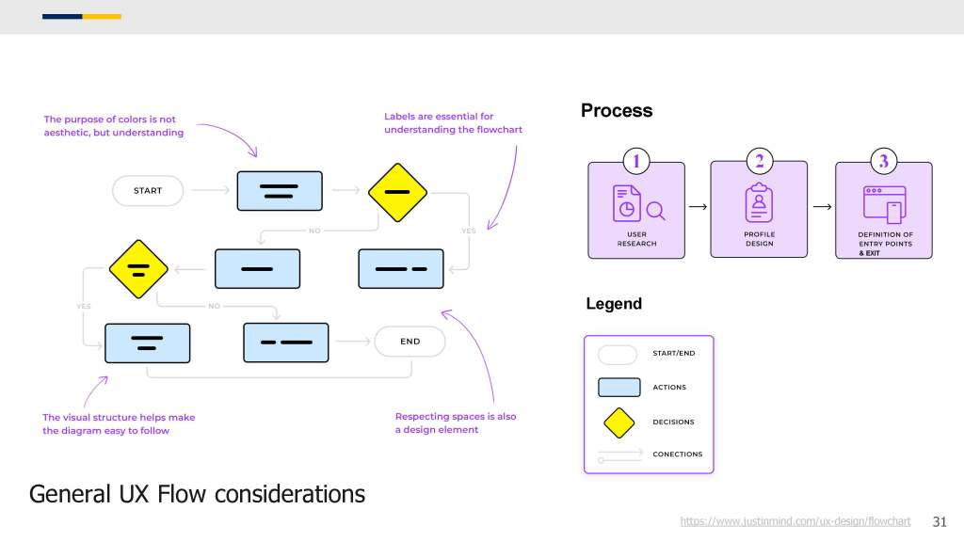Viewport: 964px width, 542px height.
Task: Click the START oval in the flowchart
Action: [x=148, y=190]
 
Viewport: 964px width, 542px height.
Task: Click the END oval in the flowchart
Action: [x=410, y=342]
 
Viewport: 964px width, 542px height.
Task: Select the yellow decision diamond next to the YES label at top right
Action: [x=398, y=192]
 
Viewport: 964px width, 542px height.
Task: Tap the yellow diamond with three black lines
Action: [x=138, y=269]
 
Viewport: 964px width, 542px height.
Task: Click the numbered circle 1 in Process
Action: [x=636, y=162]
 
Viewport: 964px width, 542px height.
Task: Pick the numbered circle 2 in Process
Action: [x=760, y=161]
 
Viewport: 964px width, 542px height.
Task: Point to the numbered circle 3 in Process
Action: [x=884, y=161]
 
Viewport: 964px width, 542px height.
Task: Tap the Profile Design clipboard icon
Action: [x=760, y=202]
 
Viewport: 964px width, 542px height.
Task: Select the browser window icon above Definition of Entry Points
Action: [x=885, y=204]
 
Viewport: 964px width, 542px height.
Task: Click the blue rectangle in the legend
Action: [x=619, y=387]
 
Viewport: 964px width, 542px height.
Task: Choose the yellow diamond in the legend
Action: [x=619, y=422]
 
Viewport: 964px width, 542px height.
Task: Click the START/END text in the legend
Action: [x=674, y=354]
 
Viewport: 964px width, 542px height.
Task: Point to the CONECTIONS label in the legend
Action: [x=678, y=454]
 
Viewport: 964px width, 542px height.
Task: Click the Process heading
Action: [x=617, y=111]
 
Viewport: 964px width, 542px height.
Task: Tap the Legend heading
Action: [x=614, y=304]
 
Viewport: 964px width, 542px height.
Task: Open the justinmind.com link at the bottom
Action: [x=795, y=521]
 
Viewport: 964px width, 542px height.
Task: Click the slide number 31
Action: [x=940, y=521]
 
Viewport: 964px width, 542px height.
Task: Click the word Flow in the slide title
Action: [x=182, y=494]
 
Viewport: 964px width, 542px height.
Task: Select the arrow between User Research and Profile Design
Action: [x=698, y=207]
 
